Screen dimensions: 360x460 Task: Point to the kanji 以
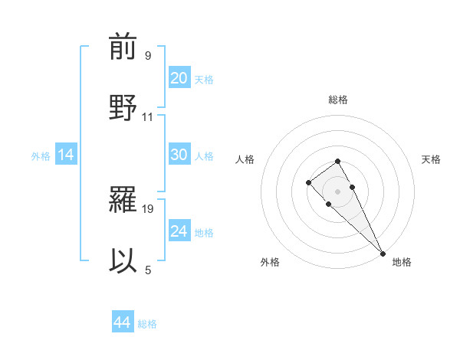pyautogui.click(x=123, y=261)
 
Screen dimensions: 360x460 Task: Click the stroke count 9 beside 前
pyautogui.click(x=148, y=56)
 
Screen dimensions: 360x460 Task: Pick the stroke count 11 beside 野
pyautogui.click(x=148, y=117)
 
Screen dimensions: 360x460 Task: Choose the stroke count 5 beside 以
pyautogui.click(x=148, y=270)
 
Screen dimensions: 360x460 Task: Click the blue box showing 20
pyautogui.click(x=179, y=78)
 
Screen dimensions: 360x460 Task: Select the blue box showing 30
pyautogui.click(x=179, y=155)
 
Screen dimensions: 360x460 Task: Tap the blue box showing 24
pyautogui.click(x=179, y=231)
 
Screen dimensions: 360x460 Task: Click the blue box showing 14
pyautogui.click(x=66, y=155)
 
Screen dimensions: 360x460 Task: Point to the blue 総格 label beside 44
pyautogui.click(x=147, y=324)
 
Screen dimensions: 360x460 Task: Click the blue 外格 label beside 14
pyautogui.click(x=41, y=156)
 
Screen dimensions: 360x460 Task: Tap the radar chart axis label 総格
pyautogui.click(x=338, y=100)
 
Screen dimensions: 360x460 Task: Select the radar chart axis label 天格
pyautogui.click(x=432, y=159)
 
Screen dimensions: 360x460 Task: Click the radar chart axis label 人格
pyautogui.click(x=245, y=159)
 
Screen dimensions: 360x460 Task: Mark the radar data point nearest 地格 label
pyautogui.click(x=383, y=254)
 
